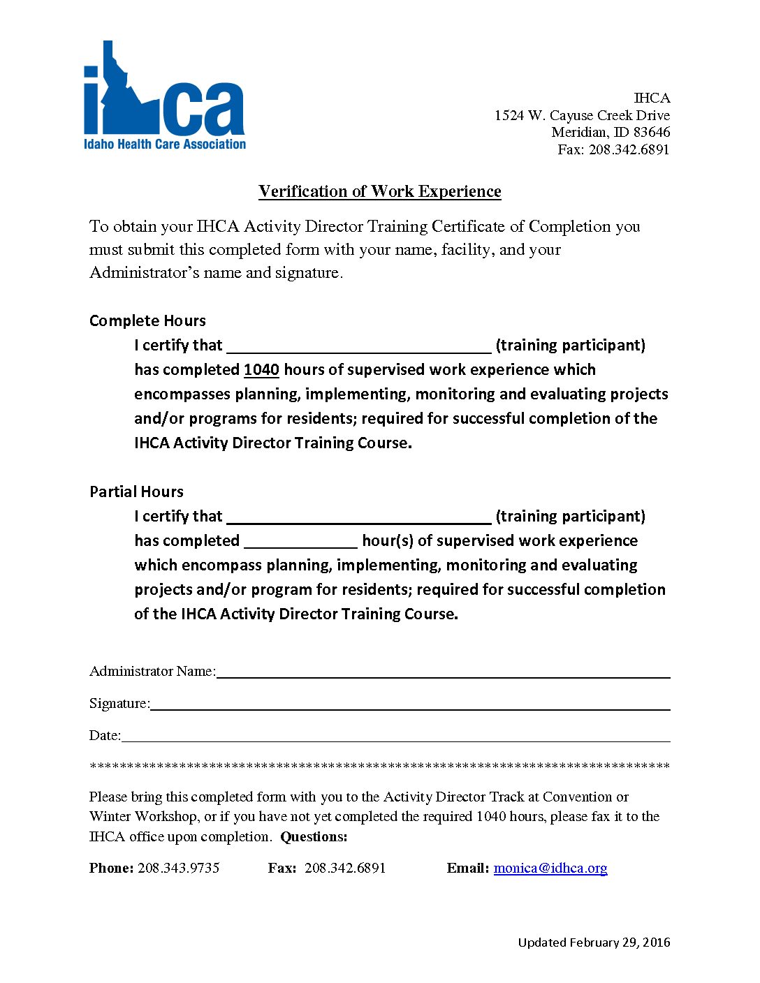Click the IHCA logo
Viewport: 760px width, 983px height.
(x=164, y=98)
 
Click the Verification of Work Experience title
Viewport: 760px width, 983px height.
(x=379, y=191)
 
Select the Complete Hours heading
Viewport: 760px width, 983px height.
(x=147, y=320)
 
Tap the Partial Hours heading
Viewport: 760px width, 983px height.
(x=136, y=491)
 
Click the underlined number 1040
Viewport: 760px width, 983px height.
(x=261, y=369)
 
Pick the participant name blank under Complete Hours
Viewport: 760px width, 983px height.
(x=359, y=346)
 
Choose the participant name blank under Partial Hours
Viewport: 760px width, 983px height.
(x=359, y=517)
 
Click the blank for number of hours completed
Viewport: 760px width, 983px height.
(x=300, y=542)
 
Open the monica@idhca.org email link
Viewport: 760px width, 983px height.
(x=550, y=868)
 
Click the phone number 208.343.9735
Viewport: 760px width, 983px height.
(x=179, y=868)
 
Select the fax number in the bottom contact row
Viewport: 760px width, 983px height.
(x=345, y=868)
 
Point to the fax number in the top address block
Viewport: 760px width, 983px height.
(x=629, y=149)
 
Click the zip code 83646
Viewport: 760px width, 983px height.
(x=652, y=132)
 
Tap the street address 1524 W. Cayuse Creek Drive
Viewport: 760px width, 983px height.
(x=582, y=115)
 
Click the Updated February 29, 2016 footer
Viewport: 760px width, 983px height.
(x=594, y=943)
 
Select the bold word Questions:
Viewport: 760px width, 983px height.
(x=314, y=836)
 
